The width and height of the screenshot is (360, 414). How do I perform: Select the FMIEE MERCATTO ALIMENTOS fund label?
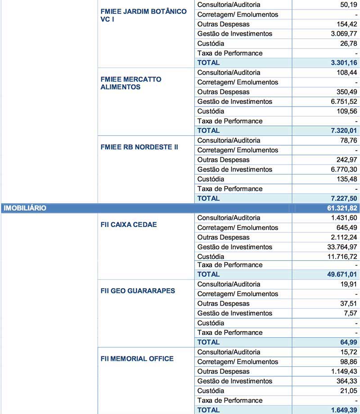tap(131, 83)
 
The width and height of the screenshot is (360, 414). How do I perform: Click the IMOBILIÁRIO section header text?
tap(25, 208)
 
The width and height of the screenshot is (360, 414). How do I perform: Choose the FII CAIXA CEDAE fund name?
tap(129, 224)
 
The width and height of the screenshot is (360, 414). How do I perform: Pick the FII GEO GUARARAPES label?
tap(138, 291)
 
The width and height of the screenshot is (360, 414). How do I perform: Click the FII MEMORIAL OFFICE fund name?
tap(137, 359)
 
